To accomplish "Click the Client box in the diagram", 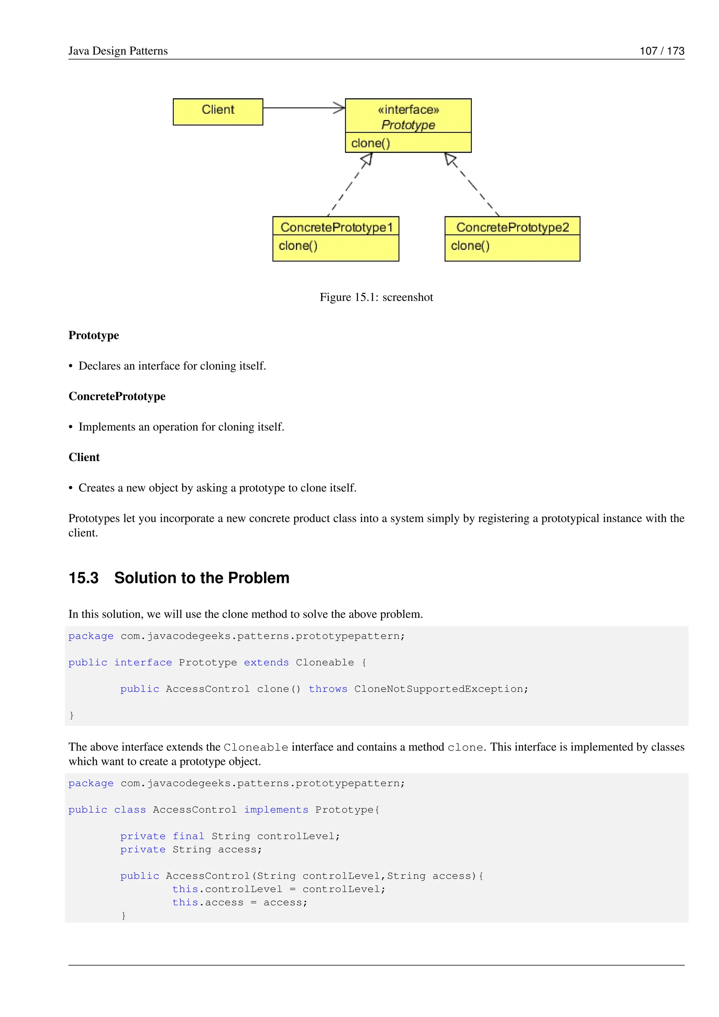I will pyautogui.click(x=218, y=112).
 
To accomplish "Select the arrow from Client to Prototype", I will pyautogui.click(x=303, y=108).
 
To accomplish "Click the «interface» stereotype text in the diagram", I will pyautogui.click(x=408, y=110).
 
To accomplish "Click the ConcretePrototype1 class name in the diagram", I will pyautogui.click(x=336, y=227).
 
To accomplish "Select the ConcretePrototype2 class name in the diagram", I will pyautogui.click(x=512, y=227).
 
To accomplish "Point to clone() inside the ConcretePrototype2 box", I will pyautogui.click(x=470, y=245).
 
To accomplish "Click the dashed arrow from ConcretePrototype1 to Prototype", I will pyautogui.click(x=350, y=185).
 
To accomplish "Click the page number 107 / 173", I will pyautogui.click(x=661, y=51).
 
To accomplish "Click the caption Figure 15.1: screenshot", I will pyautogui.click(x=376, y=297).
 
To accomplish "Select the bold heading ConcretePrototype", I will pyautogui.click(x=117, y=396).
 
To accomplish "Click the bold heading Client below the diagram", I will pyautogui.click(x=84, y=457).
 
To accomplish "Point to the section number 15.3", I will pyautogui.click(x=83, y=578).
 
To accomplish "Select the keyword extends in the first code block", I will pyautogui.click(x=266, y=662).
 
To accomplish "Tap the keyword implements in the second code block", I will pyautogui.click(x=276, y=810).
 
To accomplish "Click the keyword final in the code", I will pyautogui.click(x=188, y=836).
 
